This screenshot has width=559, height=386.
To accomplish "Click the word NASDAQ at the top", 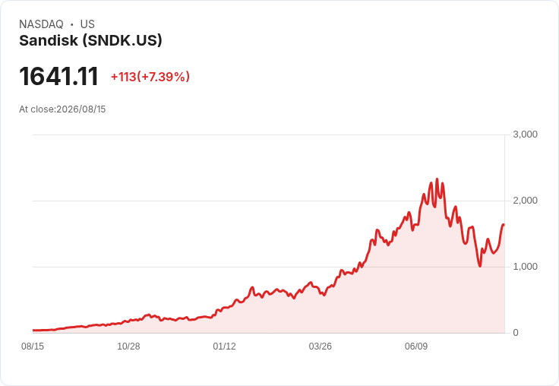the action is pyautogui.click(x=41, y=24).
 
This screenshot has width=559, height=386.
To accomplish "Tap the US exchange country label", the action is pyautogui.click(x=87, y=24).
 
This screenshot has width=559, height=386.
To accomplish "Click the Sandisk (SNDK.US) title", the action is pyautogui.click(x=90, y=40).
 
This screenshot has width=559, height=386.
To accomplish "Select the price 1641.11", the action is pyautogui.click(x=58, y=76).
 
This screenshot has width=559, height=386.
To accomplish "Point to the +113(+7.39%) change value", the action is pyautogui.click(x=150, y=77).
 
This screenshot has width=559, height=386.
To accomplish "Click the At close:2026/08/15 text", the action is pyautogui.click(x=62, y=109).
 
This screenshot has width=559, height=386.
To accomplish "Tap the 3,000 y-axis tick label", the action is pyautogui.click(x=525, y=134).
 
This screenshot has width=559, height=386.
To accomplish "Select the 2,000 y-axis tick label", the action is pyautogui.click(x=525, y=201).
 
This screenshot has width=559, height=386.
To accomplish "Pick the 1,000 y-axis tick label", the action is pyautogui.click(x=525, y=267).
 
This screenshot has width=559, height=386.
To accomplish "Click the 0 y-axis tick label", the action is pyautogui.click(x=516, y=333).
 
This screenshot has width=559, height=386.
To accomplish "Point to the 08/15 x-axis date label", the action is pyautogui.click(x=33, y=346).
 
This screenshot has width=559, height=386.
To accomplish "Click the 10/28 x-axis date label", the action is pyautogui.click(x=128, y=346).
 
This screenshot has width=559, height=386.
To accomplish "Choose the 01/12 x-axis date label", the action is pyautogui.click(x=224, y=346).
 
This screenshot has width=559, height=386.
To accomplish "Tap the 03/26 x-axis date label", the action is pyautogui.click(x=321, y=346).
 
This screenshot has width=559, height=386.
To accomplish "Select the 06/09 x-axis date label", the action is pyautogui.click(x=416, y=346).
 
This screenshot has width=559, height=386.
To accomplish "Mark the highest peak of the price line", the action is pyautogui.click(x=437, y=179).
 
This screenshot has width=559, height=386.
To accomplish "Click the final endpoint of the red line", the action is pyautogui.click(x=504, y=225).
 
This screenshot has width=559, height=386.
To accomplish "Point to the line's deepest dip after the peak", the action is pyautogui.click(x=480, y=266).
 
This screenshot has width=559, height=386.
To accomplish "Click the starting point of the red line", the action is pyautogui.click(x=33, y=331).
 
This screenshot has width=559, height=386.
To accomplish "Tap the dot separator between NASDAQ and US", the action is pyautogui.click(x=71, y=24).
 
